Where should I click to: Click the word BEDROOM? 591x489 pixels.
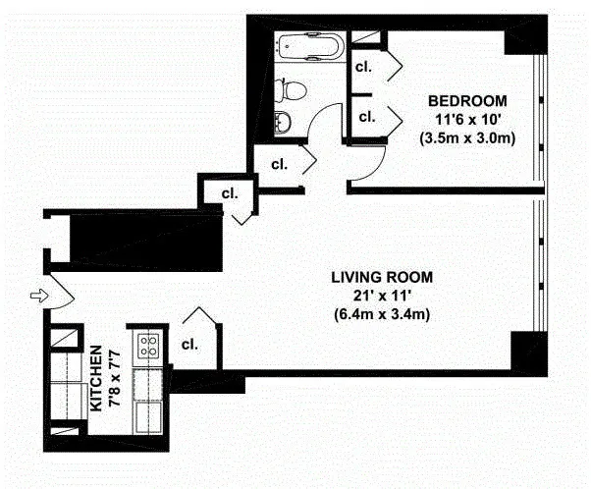click(x=466, y=101)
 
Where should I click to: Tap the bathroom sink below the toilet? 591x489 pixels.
click(x=283, y=122)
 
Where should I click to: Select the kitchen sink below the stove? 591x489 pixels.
click(x=150, y=409)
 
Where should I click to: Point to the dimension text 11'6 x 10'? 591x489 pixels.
click(x=466, y=119)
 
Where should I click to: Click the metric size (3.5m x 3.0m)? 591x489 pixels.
click(x=466, y=137)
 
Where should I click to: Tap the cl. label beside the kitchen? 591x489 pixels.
click(x=190, y=345)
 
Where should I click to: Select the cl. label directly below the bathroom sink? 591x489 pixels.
click(x=279, y=163)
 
